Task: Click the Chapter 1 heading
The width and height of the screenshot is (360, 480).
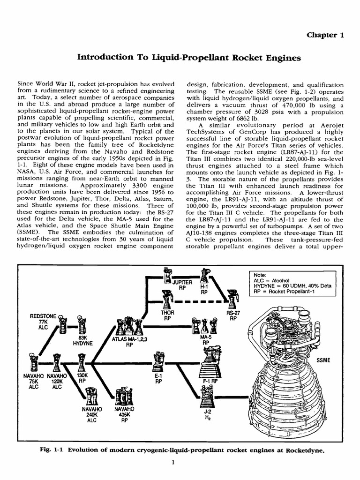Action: click(x=326, y=36)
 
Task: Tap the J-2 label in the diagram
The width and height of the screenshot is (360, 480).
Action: click(x=207, y=412)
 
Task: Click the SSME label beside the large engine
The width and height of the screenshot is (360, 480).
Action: click(x=323, y=360)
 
